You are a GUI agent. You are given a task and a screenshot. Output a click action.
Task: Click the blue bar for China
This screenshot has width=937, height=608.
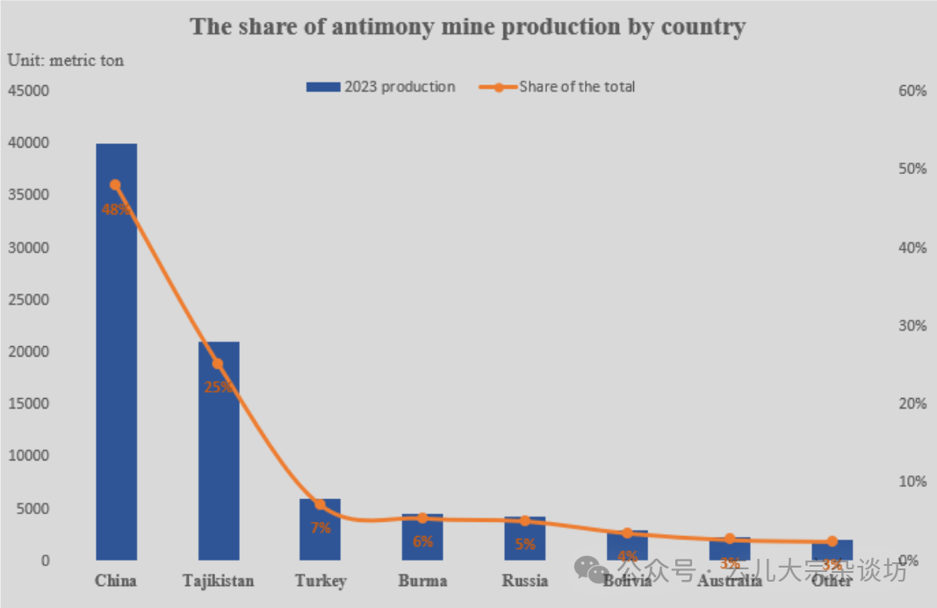pos(116,369)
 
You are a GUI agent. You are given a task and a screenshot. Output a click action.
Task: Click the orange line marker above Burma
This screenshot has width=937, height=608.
pos(422,518)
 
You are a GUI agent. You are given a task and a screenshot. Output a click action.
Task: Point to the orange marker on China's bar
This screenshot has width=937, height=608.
pos(116,185)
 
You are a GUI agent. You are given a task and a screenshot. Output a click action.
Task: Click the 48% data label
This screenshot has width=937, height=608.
pos(116,210)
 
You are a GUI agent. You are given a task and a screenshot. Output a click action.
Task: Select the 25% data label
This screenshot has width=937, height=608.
pos(219,387)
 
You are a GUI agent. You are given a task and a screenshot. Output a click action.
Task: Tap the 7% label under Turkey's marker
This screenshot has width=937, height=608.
pos(320,528)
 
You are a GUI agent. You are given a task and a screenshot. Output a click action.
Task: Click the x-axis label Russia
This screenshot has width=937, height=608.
pos(525,581)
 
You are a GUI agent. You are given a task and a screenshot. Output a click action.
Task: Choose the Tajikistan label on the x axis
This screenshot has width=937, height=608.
pos(219,581)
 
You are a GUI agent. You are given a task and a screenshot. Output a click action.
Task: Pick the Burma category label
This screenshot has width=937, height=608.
pos(422,581)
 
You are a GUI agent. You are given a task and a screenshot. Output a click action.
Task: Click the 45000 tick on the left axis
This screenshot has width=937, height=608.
pos(31,90)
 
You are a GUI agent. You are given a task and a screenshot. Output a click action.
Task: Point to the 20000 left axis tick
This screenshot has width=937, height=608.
pos(31,351)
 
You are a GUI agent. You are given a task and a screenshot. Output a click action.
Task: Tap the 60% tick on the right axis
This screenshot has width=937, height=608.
pos(912,91)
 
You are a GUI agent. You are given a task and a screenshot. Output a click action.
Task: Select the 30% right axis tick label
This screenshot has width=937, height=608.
pos(912,326)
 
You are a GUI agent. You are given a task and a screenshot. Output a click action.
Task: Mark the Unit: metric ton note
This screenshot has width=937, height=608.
pos(66,61)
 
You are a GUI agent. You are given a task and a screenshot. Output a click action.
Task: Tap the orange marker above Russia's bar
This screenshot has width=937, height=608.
pos(525,521)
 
